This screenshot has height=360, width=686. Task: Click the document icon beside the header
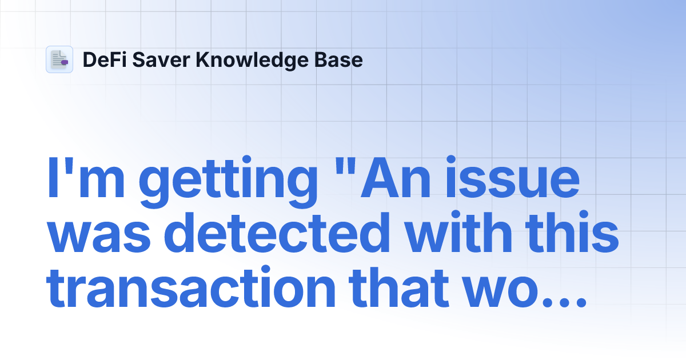pyautogui.click(x=59, y=59)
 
